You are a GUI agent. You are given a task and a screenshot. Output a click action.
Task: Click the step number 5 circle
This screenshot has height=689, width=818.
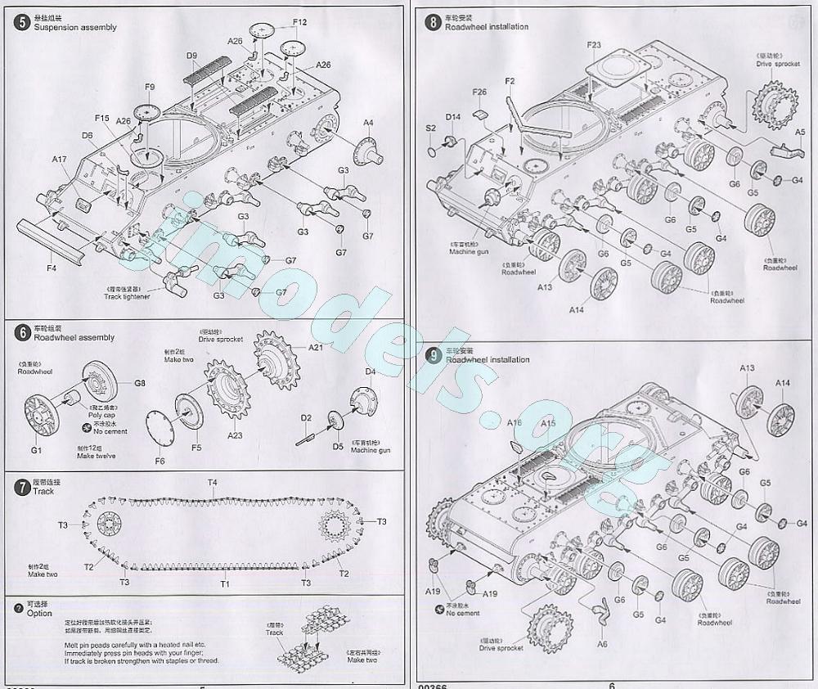pos(21,22)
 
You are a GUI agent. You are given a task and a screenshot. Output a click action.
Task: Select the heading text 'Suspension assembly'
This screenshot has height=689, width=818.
pos(75,27)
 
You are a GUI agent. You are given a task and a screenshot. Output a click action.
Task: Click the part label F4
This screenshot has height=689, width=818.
pos(52,267)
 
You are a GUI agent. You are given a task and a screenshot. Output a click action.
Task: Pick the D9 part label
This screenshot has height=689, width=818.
pos(192,56)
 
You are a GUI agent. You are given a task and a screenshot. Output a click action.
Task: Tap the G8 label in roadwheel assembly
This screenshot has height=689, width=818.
pos(140,383)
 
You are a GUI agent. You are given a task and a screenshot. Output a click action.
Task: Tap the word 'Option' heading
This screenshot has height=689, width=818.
pos(39,613)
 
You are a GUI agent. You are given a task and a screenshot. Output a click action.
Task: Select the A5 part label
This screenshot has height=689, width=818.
pos(800,132)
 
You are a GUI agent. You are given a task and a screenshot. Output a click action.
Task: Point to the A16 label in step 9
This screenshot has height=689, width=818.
pos(514,423)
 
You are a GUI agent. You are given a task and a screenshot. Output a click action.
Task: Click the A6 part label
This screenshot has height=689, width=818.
pos(602,644)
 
